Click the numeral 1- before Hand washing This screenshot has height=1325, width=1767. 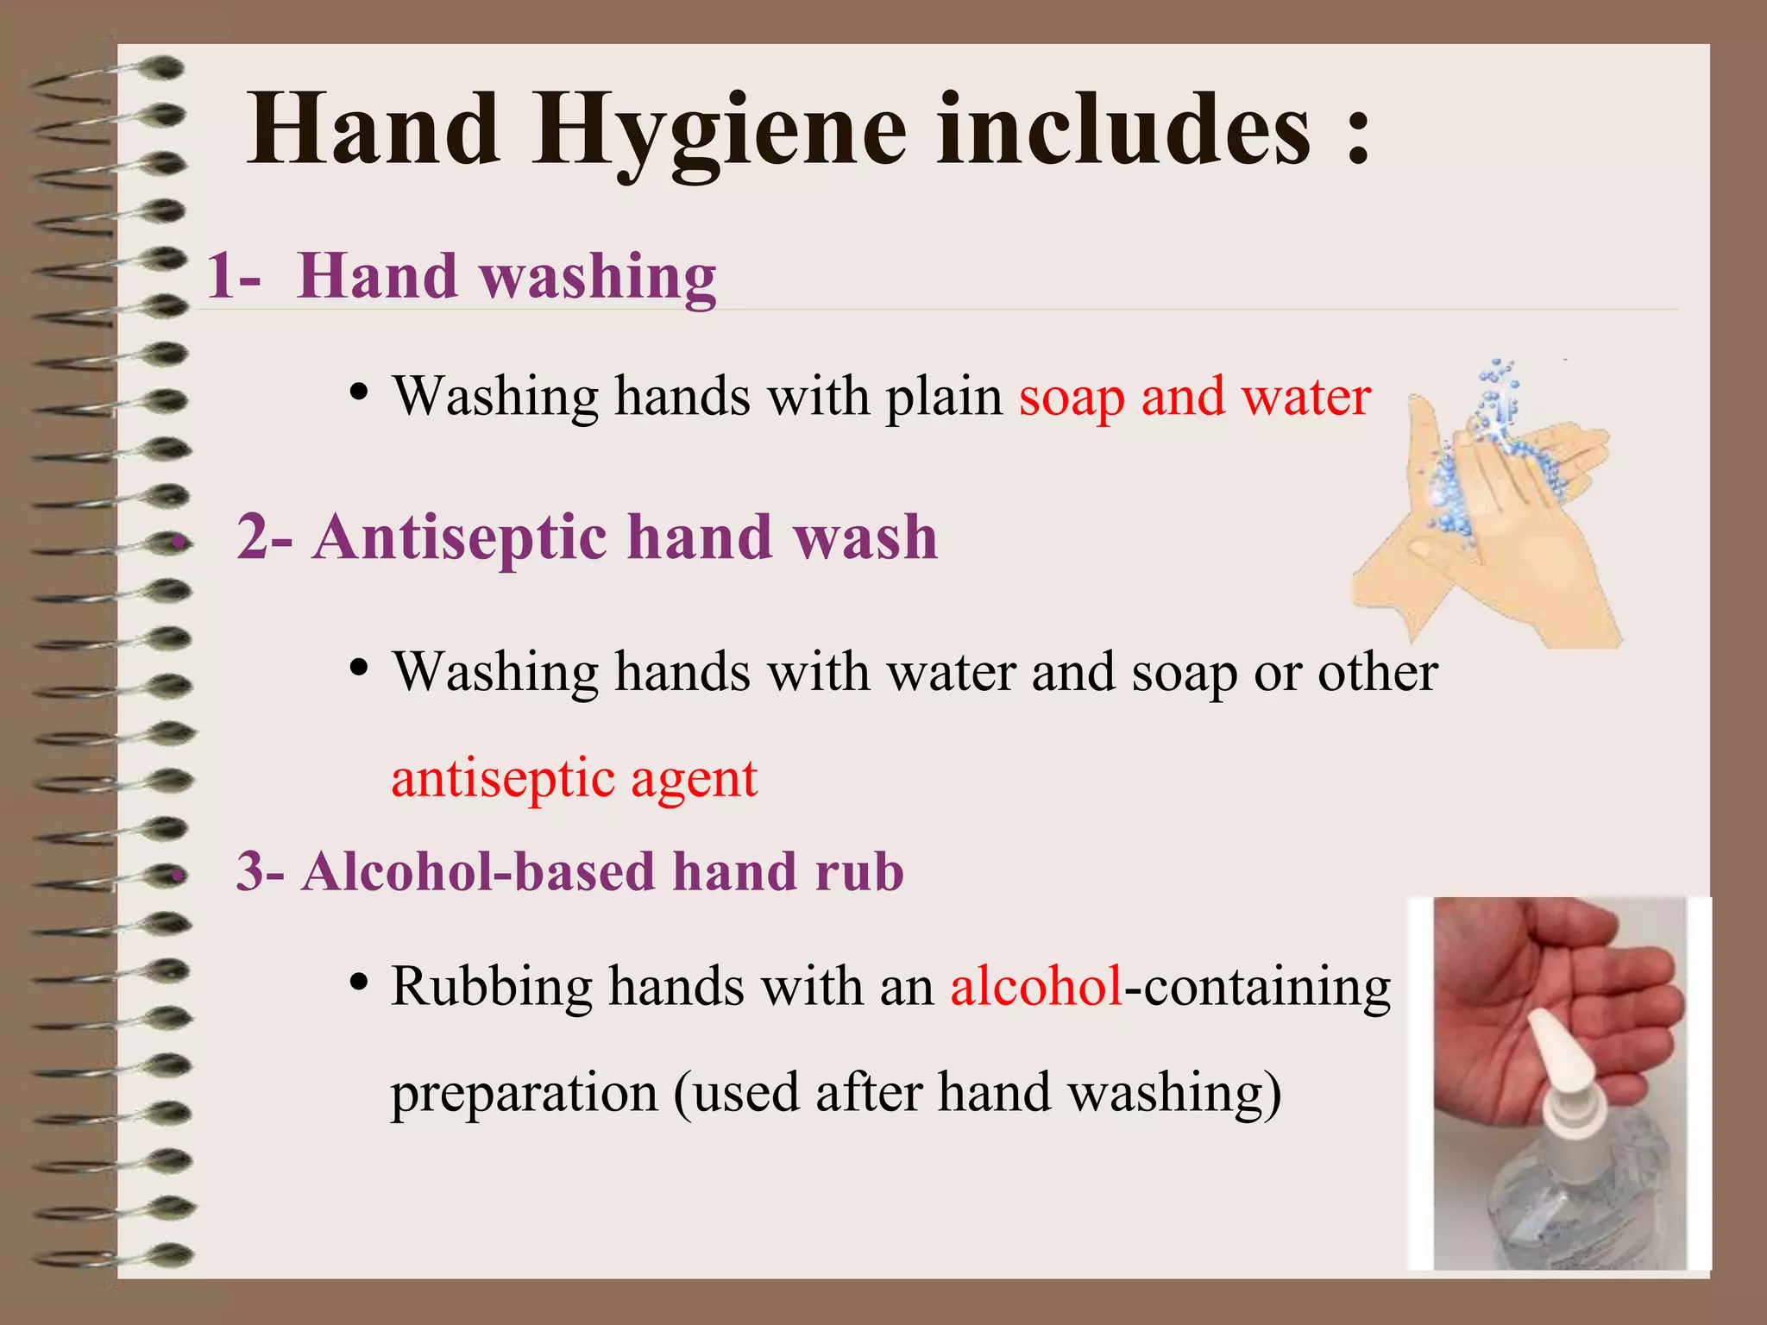[x=233, y=276]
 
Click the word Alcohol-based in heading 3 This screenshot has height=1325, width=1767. [x=479, y=871]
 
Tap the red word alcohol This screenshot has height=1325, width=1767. [x=1035, y=986]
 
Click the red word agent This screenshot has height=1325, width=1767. [x=694, y=780]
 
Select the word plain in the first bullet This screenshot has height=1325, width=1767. [x=944, y=399]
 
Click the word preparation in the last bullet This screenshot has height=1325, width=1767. [x=524, y=1093]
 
